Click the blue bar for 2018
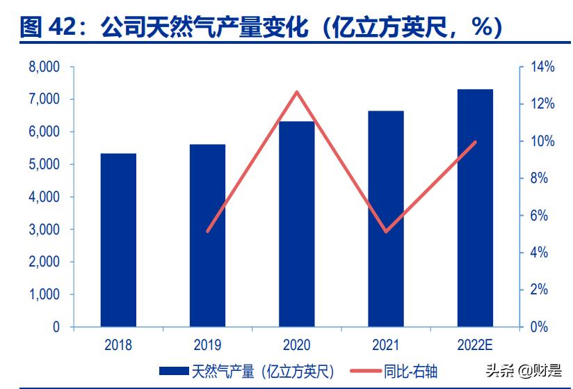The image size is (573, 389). click(x=118, y=240)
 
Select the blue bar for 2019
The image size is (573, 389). click(x=207, y=235)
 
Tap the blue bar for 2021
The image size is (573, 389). click(x=386, y=219)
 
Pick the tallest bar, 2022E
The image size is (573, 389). click(x=475, y=208)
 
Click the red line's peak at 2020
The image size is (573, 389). click(x=297, y=92)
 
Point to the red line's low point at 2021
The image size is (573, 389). click(x=386, y=231)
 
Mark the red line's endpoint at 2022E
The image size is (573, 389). click(x=475, y=142)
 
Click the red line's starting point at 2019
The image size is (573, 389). click(x=208, y=231)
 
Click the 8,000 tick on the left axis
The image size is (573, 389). click(x=43, y=68)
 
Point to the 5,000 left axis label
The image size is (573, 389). click(x=43, y=165)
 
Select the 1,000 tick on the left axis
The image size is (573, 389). click(x=43, y=294)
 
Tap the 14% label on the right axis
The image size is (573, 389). click(x=542, y=68)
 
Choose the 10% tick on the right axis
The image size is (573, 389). click(x=542, y=141)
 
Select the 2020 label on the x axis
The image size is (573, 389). click(x=297, y=344)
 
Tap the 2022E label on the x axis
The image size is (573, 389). click(x=475, y=344)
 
